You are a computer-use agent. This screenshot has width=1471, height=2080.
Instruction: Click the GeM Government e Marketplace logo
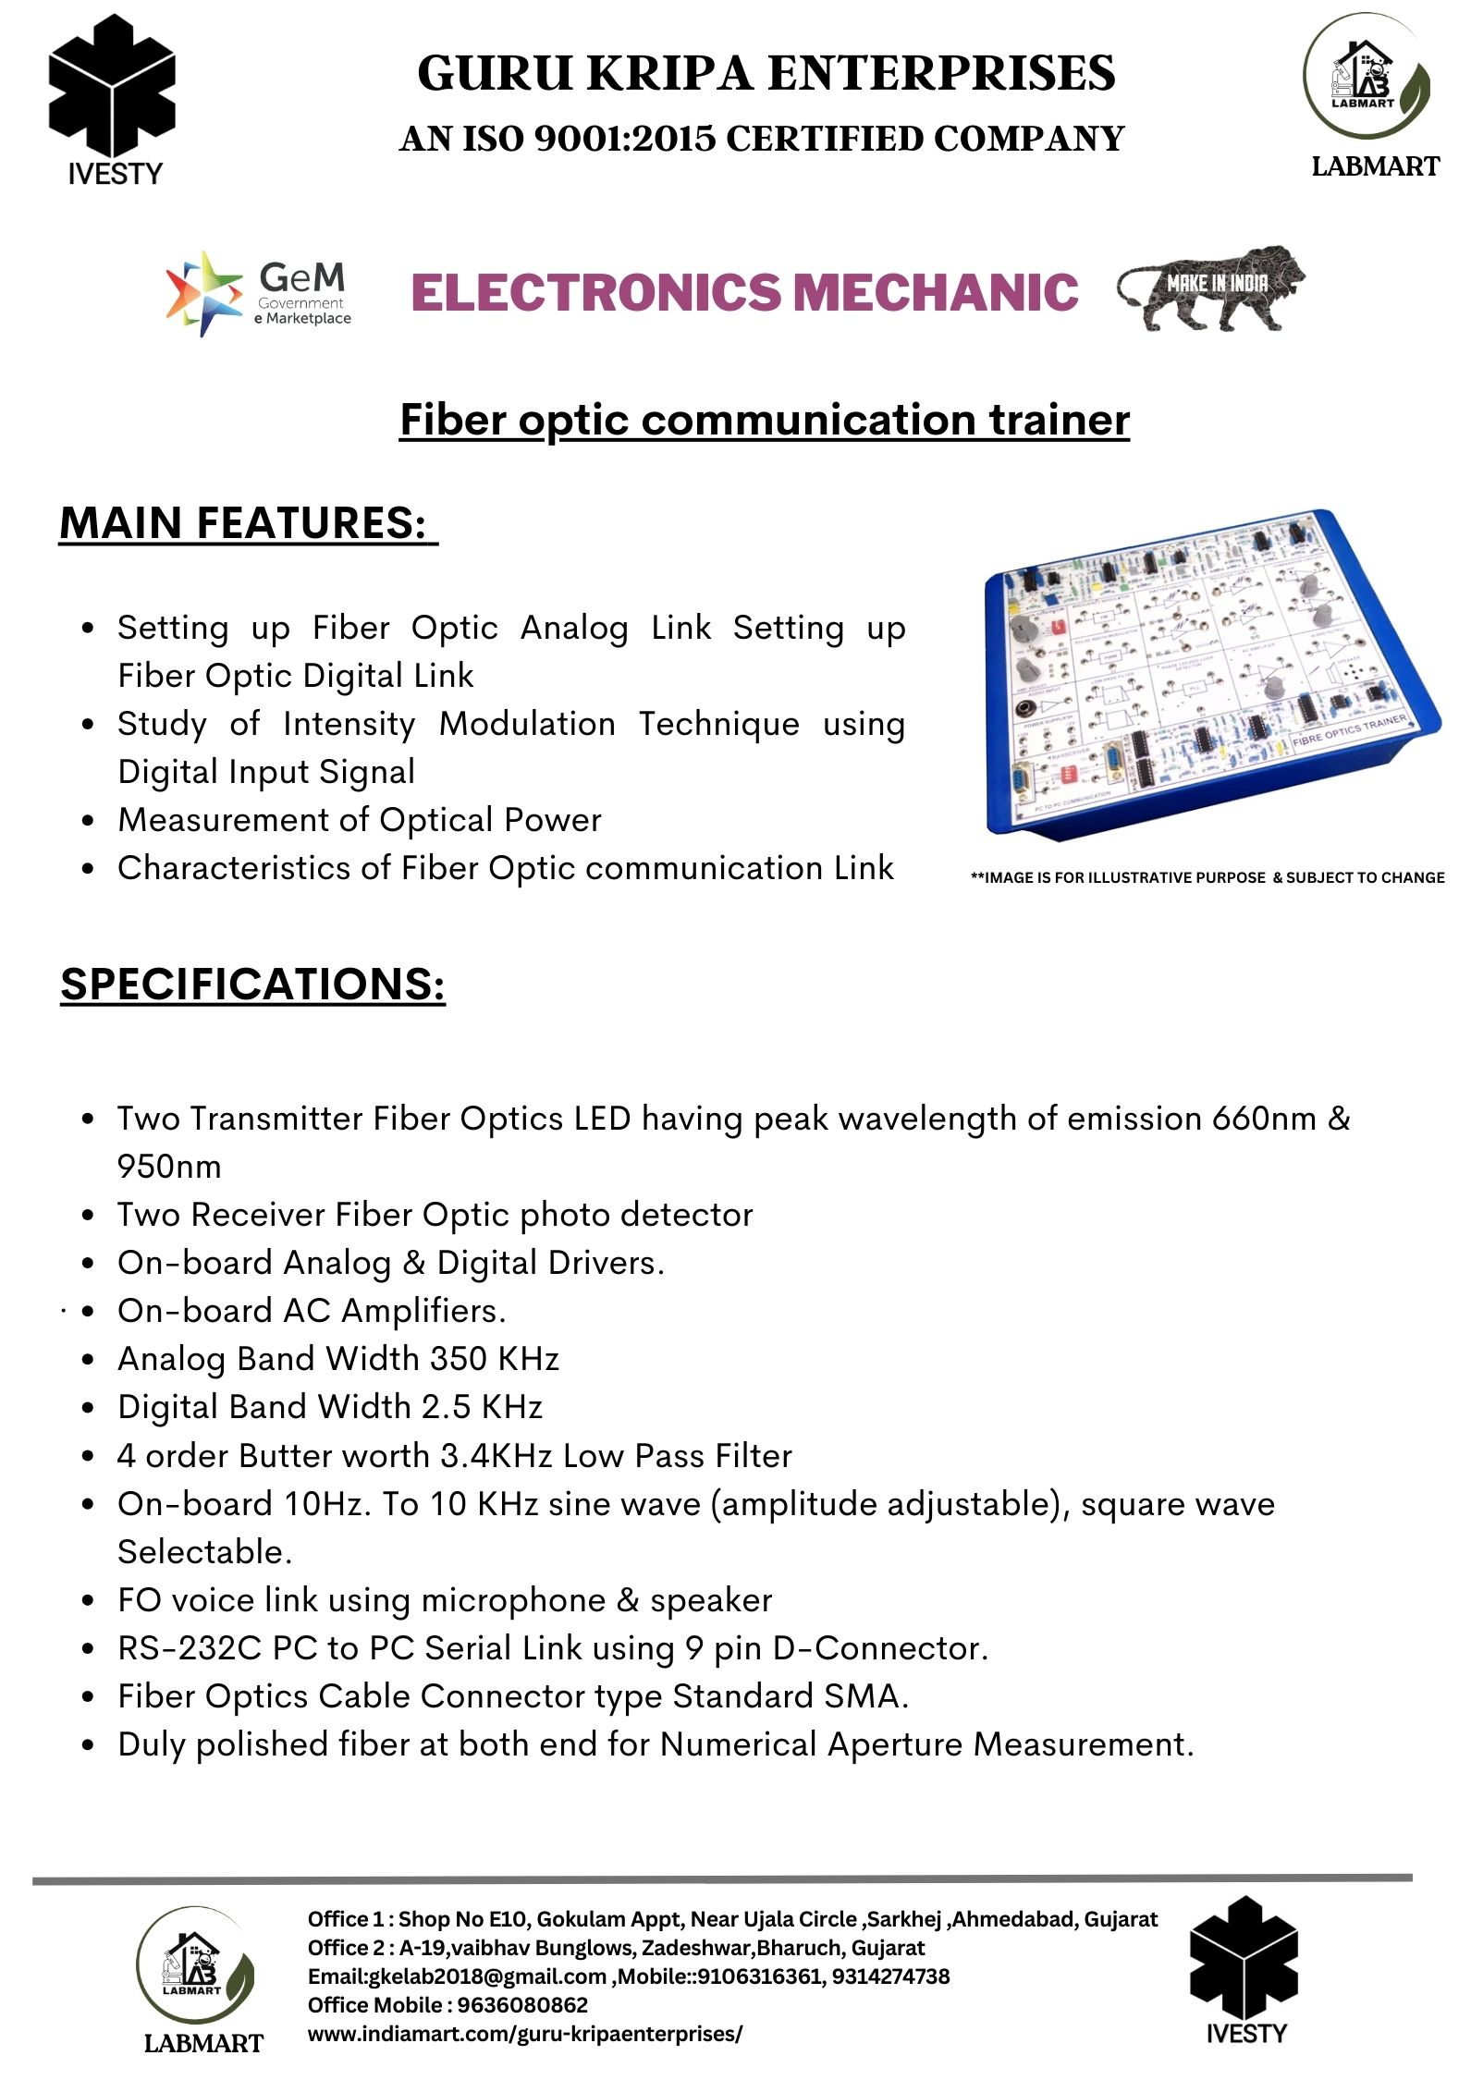pos(259,293)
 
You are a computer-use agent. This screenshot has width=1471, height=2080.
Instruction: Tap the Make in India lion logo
pos(1211,289)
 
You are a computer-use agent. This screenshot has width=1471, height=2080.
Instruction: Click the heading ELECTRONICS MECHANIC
pos(744,292)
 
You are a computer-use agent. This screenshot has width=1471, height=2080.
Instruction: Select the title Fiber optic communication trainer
pos(764,420)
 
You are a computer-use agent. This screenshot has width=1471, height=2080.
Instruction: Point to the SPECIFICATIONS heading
pos(252,984)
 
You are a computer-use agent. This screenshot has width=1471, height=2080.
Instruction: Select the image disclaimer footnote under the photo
pos(1207,877)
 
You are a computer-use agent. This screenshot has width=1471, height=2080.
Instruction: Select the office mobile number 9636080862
pos(522,2005)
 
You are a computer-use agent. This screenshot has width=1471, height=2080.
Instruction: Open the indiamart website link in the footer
pos(524,2034)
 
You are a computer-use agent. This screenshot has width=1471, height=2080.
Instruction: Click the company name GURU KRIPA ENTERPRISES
pos(766,74)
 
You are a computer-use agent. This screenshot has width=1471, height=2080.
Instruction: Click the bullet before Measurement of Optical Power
pos(88,820)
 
